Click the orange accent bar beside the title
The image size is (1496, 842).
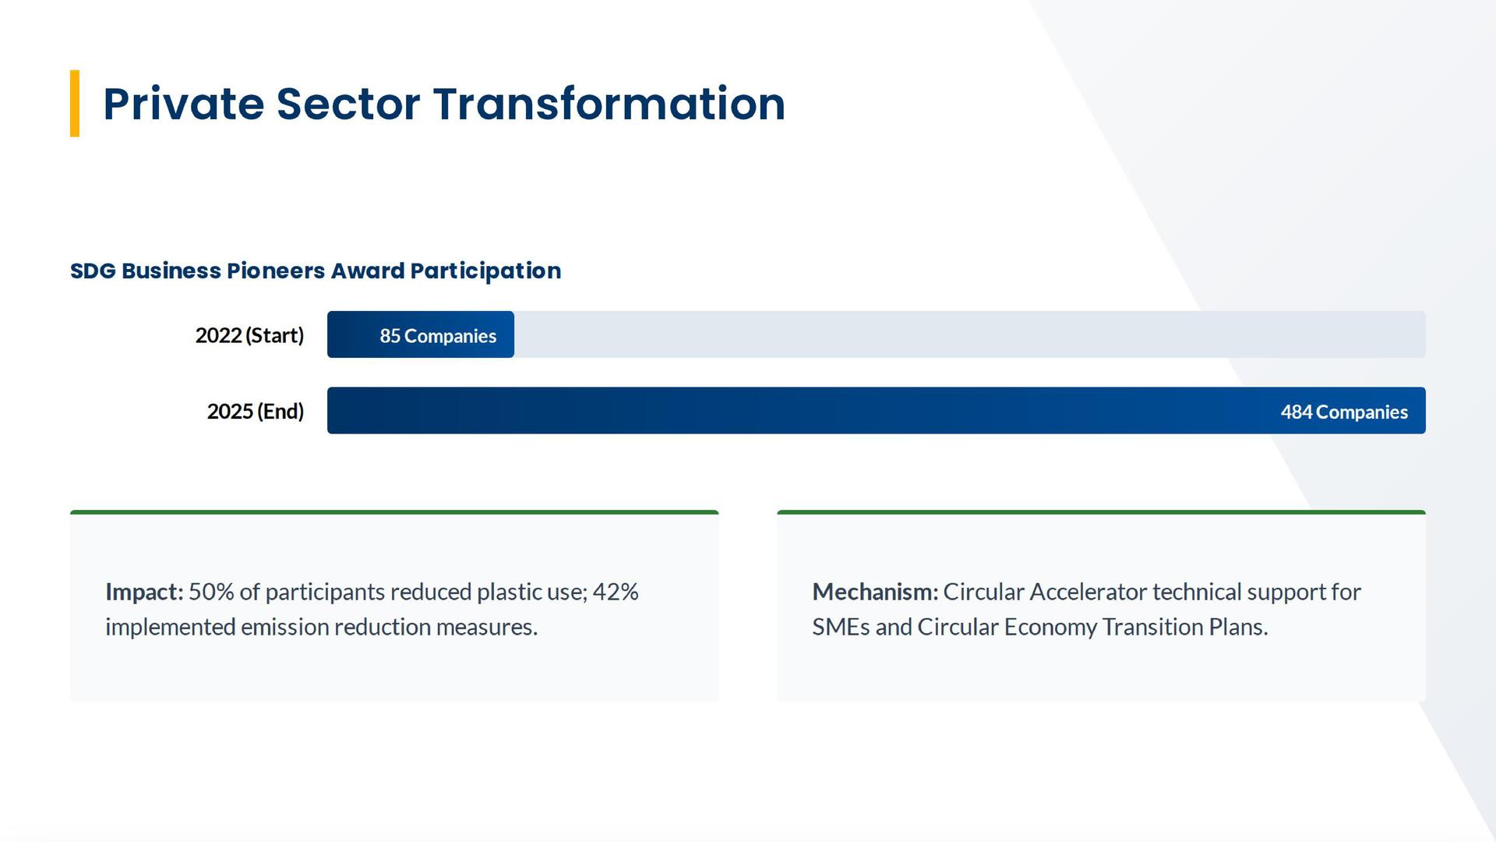click(75, 104)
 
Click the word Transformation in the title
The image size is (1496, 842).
click(609, 104)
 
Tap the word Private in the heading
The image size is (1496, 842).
click(184, 104)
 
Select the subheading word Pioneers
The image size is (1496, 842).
click(276, 271)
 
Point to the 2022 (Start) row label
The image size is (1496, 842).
click(249, 335)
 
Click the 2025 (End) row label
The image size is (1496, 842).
click(256, 411)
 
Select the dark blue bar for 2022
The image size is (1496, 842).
click(421, 334)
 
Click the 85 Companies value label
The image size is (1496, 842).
click(438, 336)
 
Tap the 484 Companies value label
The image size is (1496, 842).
click(1344, 412)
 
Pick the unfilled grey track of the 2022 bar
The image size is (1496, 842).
click(970, 334)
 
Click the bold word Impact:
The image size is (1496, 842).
click(144, 593)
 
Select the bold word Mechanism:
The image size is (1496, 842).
click(875, 592)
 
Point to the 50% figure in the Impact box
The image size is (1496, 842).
click(211, 592)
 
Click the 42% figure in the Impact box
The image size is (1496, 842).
click(616, 592)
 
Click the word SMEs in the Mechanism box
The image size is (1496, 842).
click(841, 627)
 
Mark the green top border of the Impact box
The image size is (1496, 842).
click(394, 512)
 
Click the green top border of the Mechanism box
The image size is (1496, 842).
click(1101, 512)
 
